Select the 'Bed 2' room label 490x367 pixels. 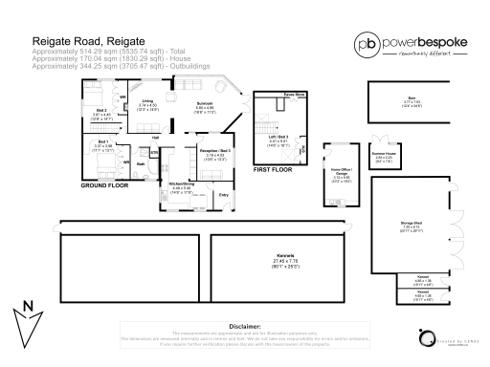tap(100, 110)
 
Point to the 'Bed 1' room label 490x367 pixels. tap(101, 141)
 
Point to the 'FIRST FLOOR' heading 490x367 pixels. tap(273, 168)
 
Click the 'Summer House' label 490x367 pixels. tap(384, 154)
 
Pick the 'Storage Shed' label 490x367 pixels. tap(412, 224)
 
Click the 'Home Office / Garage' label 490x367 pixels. tap(342, 170)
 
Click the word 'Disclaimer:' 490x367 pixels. tap(245, 326)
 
